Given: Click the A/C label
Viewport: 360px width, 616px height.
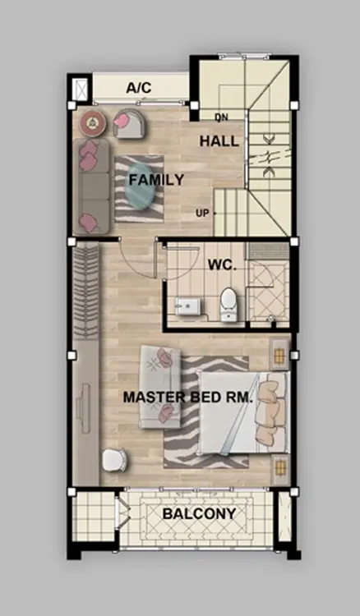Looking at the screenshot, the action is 139,88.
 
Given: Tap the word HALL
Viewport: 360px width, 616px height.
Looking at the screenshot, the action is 219,141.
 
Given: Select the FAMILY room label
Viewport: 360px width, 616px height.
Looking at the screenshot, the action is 156,180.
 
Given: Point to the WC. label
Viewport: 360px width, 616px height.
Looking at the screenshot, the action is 222,264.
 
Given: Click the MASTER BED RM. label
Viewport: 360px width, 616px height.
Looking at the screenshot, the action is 188,398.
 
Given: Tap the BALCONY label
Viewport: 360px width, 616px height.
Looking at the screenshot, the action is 199,513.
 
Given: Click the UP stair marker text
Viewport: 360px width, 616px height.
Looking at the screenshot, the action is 202,214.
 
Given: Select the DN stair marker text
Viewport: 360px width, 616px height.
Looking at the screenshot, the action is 221,117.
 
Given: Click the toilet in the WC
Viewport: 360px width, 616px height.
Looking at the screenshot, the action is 228,304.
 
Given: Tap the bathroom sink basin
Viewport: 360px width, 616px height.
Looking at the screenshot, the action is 187,306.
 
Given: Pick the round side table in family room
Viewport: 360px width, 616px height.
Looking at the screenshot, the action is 93,123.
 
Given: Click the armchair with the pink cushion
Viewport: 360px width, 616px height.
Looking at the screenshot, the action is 129,123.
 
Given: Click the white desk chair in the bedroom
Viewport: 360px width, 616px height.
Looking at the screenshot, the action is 114,460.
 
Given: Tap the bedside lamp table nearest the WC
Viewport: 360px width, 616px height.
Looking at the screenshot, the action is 279,354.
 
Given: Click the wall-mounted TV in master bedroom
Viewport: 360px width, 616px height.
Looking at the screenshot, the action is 84,405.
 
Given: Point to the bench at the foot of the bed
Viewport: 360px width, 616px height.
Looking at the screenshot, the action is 160,387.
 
